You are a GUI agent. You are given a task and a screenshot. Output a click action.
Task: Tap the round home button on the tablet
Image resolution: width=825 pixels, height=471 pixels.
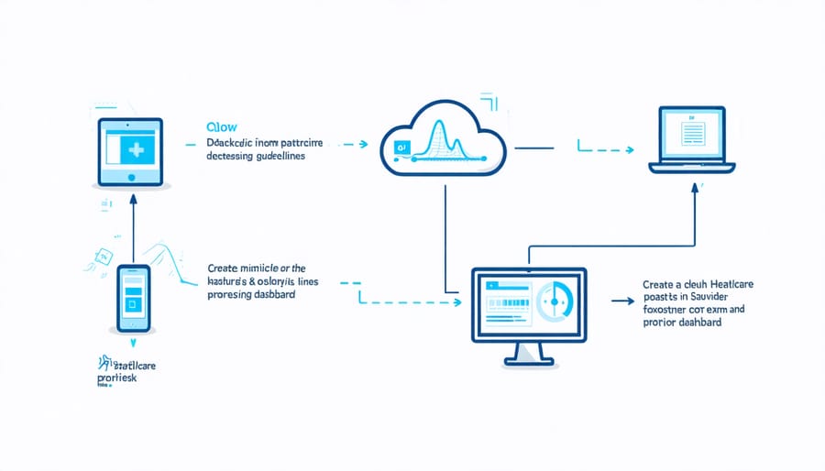(x=130, y=179)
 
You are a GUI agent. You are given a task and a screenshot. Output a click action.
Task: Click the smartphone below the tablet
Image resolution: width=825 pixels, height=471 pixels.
(x=132, y=298)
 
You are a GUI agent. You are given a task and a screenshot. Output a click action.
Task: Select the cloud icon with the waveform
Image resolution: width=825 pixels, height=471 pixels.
(x=442, y=138)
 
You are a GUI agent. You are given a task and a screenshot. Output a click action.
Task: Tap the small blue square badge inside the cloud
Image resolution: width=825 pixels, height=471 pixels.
(x=400, y=146)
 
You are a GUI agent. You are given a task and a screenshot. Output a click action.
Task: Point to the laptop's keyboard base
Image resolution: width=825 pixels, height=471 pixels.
(x=692, y=168)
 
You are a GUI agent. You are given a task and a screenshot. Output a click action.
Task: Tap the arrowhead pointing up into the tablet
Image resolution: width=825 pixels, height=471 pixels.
(x=133, y=197)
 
